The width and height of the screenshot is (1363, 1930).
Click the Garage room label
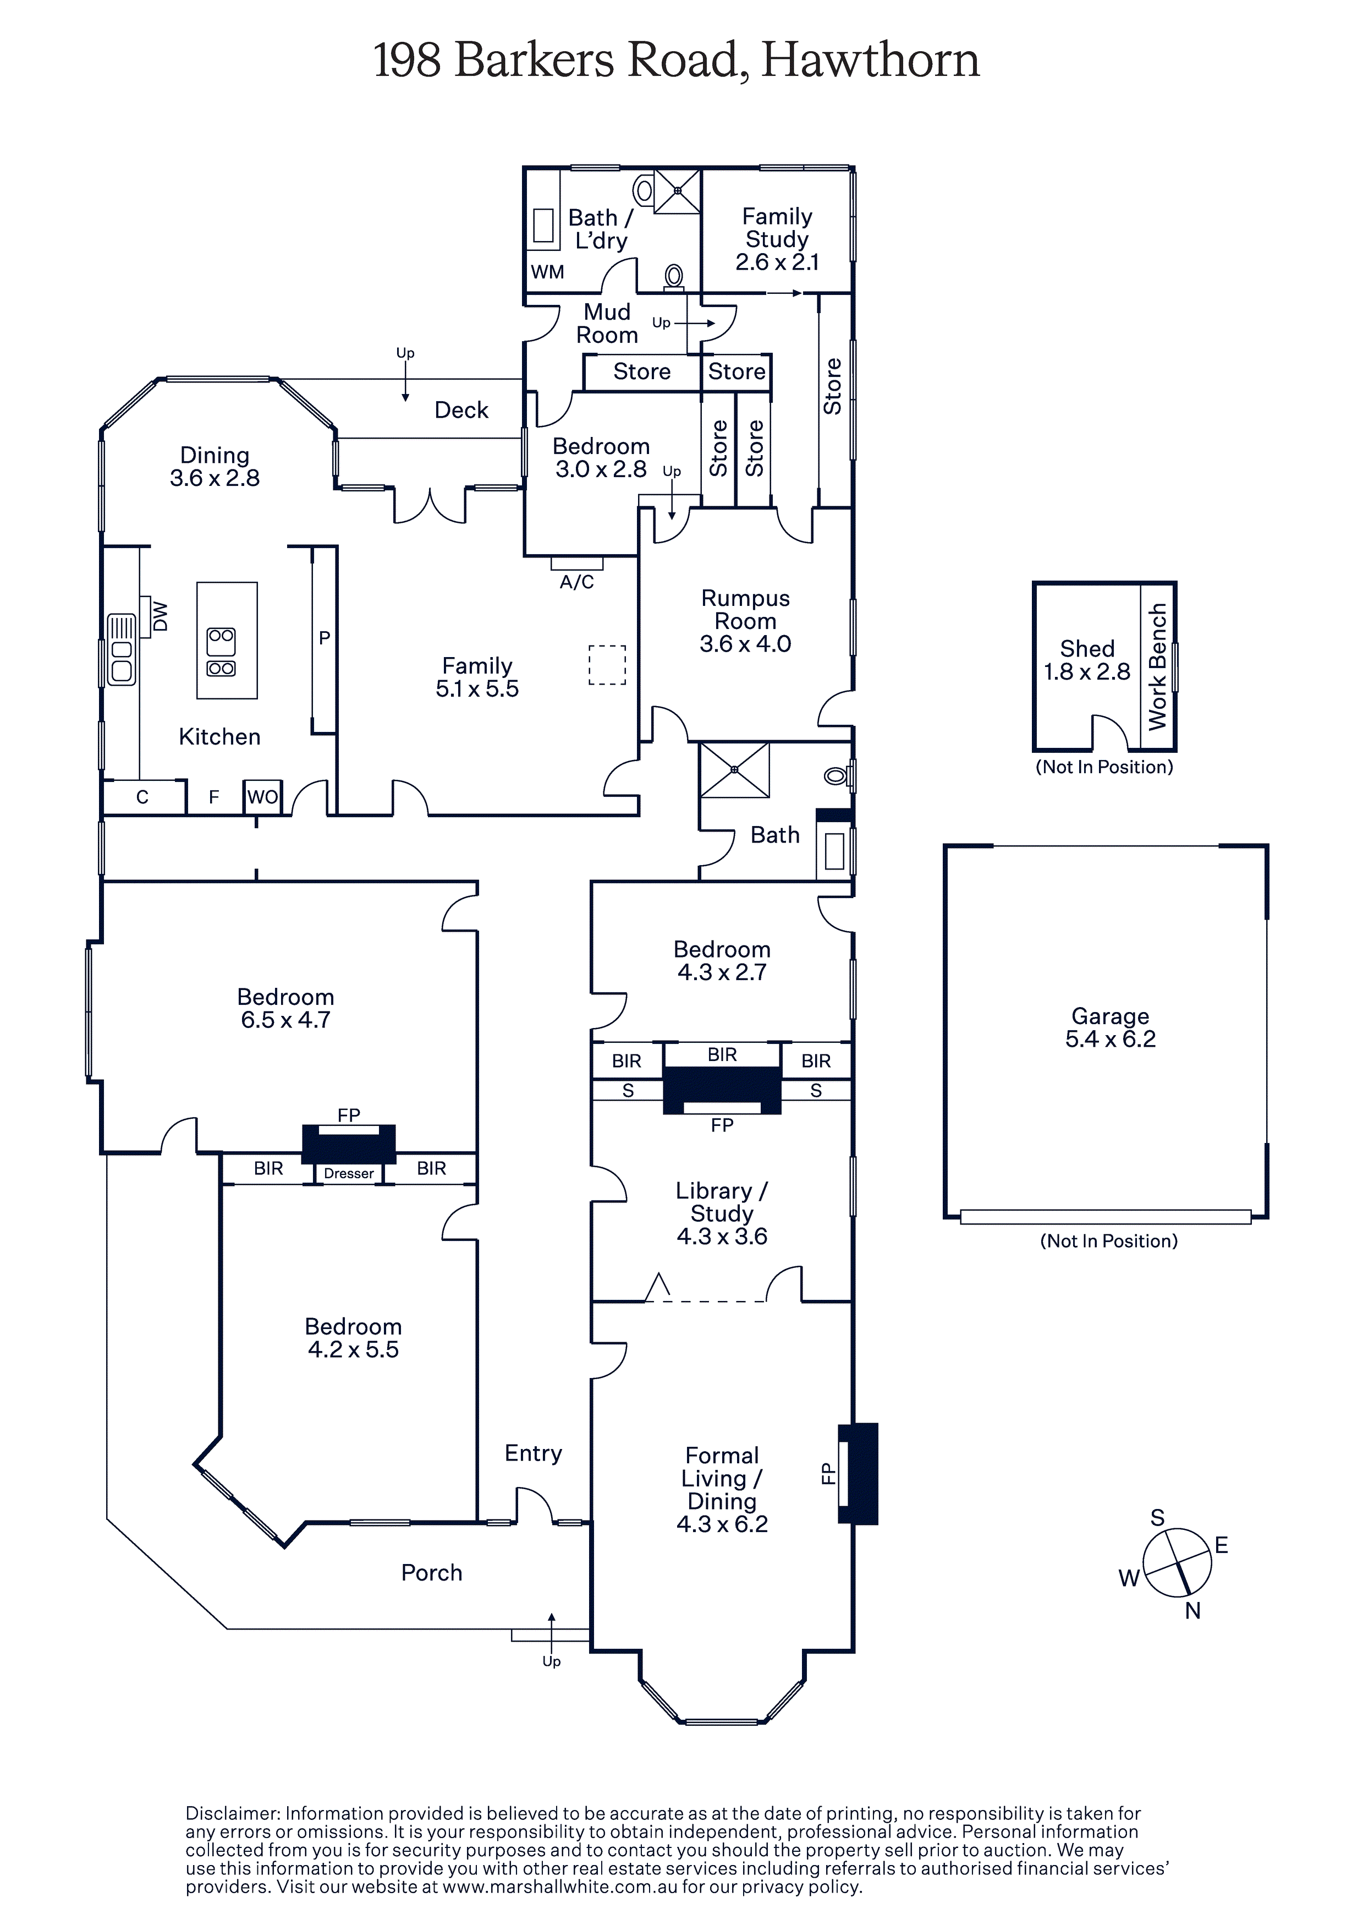tap(1109, 1016)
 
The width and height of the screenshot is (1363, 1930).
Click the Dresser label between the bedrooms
tap(349, 1173)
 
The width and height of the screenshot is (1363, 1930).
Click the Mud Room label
tap(607, 324)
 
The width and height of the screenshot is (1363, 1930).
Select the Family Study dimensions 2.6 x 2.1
tap(777, 263)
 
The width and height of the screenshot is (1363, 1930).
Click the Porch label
tap(431, 1573)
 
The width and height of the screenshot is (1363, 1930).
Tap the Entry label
tap(533, 1453)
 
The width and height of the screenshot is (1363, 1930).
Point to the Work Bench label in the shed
tap(1157, 666)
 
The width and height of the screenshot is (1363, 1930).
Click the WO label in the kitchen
tap(262, 797)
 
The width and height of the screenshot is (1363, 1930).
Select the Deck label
tap(461, 410)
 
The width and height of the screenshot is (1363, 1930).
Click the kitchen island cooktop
tap(222, 652)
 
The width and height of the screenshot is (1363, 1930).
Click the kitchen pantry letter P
tap(325, 638)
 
